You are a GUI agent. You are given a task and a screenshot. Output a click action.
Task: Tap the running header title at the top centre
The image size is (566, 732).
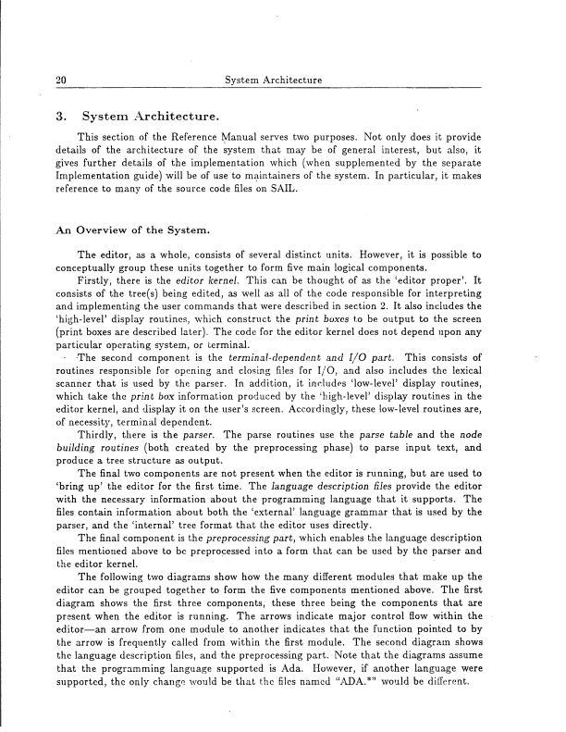273,81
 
